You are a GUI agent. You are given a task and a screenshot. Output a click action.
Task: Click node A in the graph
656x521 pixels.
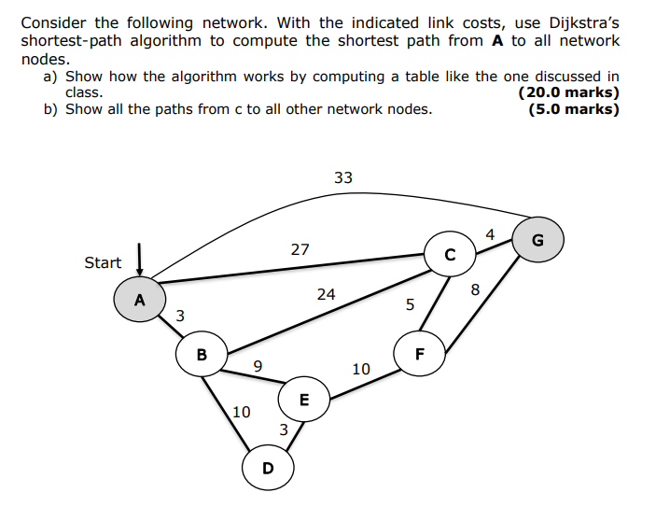click(140, 300)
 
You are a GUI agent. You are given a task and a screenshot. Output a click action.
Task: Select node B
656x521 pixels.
click(202, 355)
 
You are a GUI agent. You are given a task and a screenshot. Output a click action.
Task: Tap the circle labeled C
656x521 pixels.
click(450, 254)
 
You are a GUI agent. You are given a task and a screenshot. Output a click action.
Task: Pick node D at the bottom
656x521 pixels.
click(268, 467)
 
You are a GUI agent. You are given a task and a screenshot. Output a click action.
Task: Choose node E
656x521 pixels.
click(303, 400)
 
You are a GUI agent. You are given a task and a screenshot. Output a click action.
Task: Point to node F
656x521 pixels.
click(419, 354)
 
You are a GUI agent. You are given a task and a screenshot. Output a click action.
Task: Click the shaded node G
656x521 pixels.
click(537, 241)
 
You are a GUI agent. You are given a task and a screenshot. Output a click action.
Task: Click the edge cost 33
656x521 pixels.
click(343, 177)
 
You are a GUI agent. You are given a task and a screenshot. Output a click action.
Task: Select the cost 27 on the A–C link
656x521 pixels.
click(300, 249)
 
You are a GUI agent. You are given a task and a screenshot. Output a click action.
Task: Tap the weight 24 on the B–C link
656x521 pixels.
click(326, 294)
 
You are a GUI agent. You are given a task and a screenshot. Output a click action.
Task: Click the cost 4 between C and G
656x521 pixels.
click(490, 233)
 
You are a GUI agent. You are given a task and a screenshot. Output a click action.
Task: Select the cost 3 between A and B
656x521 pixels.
click(180, 316)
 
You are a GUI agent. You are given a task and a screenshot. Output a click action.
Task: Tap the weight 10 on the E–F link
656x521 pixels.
click(361, 370)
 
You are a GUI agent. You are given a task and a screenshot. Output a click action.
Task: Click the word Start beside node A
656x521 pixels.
click(103, 262)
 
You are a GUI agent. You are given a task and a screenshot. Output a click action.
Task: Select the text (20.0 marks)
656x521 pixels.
click(567, 92)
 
